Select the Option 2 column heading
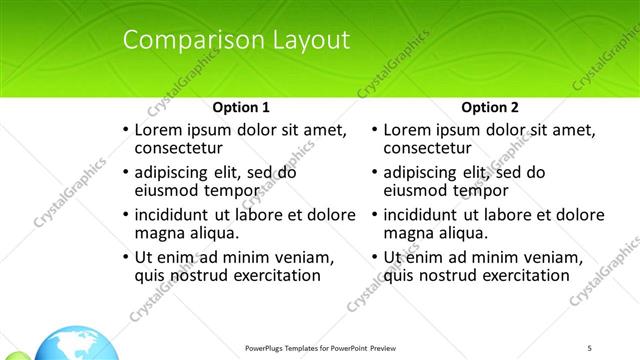tap(489, 107)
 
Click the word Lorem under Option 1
tap(158, 130)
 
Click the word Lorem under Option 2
tap(407, 130)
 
